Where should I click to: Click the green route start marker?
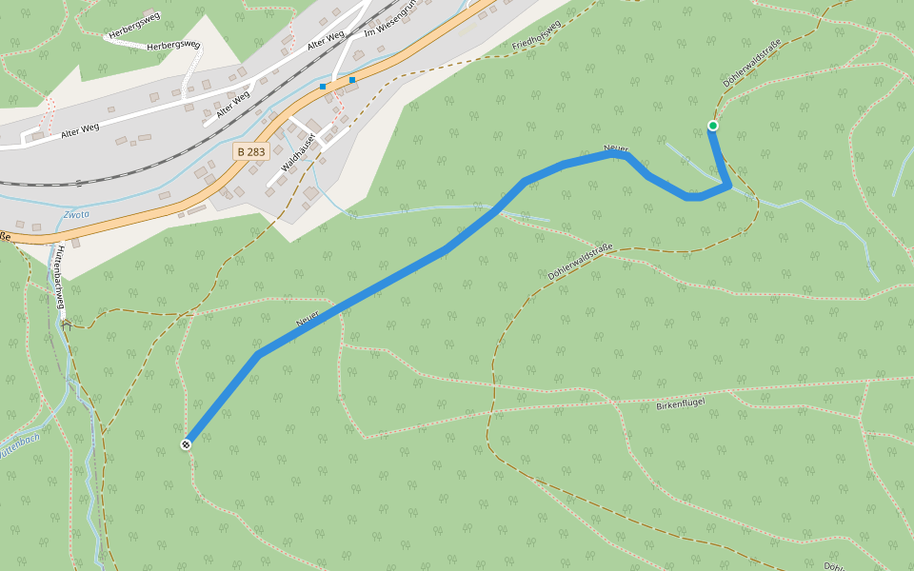tap(712, 126)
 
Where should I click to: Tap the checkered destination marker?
tap(187, 444)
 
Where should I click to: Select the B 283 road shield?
tap(251, 151)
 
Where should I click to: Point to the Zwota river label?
tap(76, 215)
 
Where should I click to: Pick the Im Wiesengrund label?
tap(392, 22)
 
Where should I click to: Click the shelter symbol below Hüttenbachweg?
tap(66, 324)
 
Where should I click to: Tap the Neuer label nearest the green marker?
tap(615, 150)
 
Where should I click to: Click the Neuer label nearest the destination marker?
tap(307, 320)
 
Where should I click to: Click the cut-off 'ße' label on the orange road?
tap(5, 236)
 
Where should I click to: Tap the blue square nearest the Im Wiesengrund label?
tap(352, 80)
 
